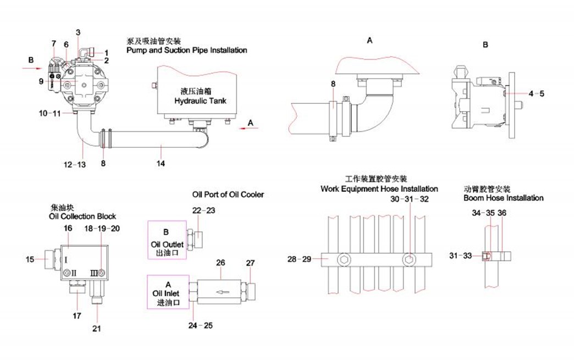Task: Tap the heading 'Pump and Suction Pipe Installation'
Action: (186, 50)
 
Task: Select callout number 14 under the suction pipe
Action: (161, 163)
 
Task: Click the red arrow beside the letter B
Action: (32, 68)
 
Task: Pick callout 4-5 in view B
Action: (537, 94)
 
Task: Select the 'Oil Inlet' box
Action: (168, 293)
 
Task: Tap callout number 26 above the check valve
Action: (220, 263)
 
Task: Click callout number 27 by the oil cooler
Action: (251, 263)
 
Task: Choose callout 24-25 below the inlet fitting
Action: (201, 325)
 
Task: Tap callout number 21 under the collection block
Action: (97, 329)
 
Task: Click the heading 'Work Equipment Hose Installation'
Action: (379, 189)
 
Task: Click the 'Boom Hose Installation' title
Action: (503, 198)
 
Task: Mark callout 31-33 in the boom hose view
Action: (460, 255)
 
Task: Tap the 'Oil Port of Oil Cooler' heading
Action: (228, 194)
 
